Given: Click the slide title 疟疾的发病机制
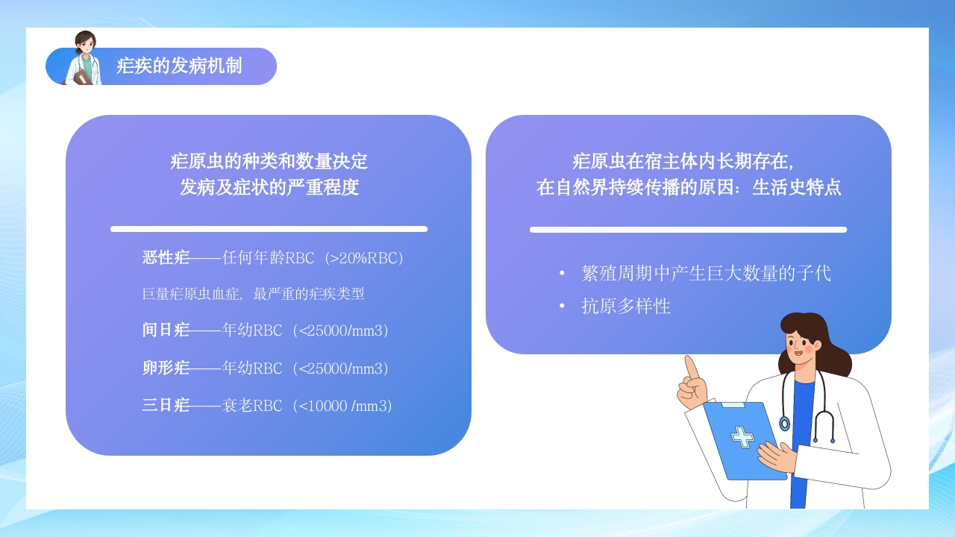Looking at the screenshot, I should pyautogui.click(x=179, y=66).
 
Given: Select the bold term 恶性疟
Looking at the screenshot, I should pyautogui.click(x=166, y=258).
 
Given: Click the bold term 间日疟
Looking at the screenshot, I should pyautogui.click(x=166, y=330).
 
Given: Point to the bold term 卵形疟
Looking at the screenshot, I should pyautogui.click(x=166, y=368).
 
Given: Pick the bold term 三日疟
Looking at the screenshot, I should pyautogui.click(x=166, y=406).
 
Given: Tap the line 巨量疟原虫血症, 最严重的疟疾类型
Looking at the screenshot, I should pyautogui.click(x=253, y=294).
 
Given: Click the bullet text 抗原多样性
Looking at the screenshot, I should pyautogui.click(x=626, y=306).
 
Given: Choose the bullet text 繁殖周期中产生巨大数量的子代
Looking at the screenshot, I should pyautogui.click(x=706, y=273).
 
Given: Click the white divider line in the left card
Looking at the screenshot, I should pyautogui.click(x=269, y=229).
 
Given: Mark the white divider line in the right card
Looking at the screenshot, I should pyautogui.click(x=688, y=230).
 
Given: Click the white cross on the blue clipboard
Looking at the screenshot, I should pyautogui.click(x=742, y=436).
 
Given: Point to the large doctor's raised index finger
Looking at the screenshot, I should pyautogui.click(x=690, y=366).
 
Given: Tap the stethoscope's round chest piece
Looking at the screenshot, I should pyautogui.click(x=784, y=424).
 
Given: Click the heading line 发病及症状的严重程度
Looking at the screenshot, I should pyautogui.click(x=269, y=187).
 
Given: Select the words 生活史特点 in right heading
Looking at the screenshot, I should pyautogui.click(x=796, y=187).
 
